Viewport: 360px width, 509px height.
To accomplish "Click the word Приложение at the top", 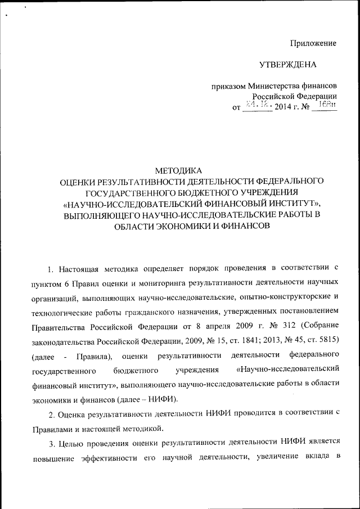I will click(x=313, y=43).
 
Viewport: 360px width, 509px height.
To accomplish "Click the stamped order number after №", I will click(x=326, y=105).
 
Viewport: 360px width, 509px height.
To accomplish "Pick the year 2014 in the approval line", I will click(x=284, y=107).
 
